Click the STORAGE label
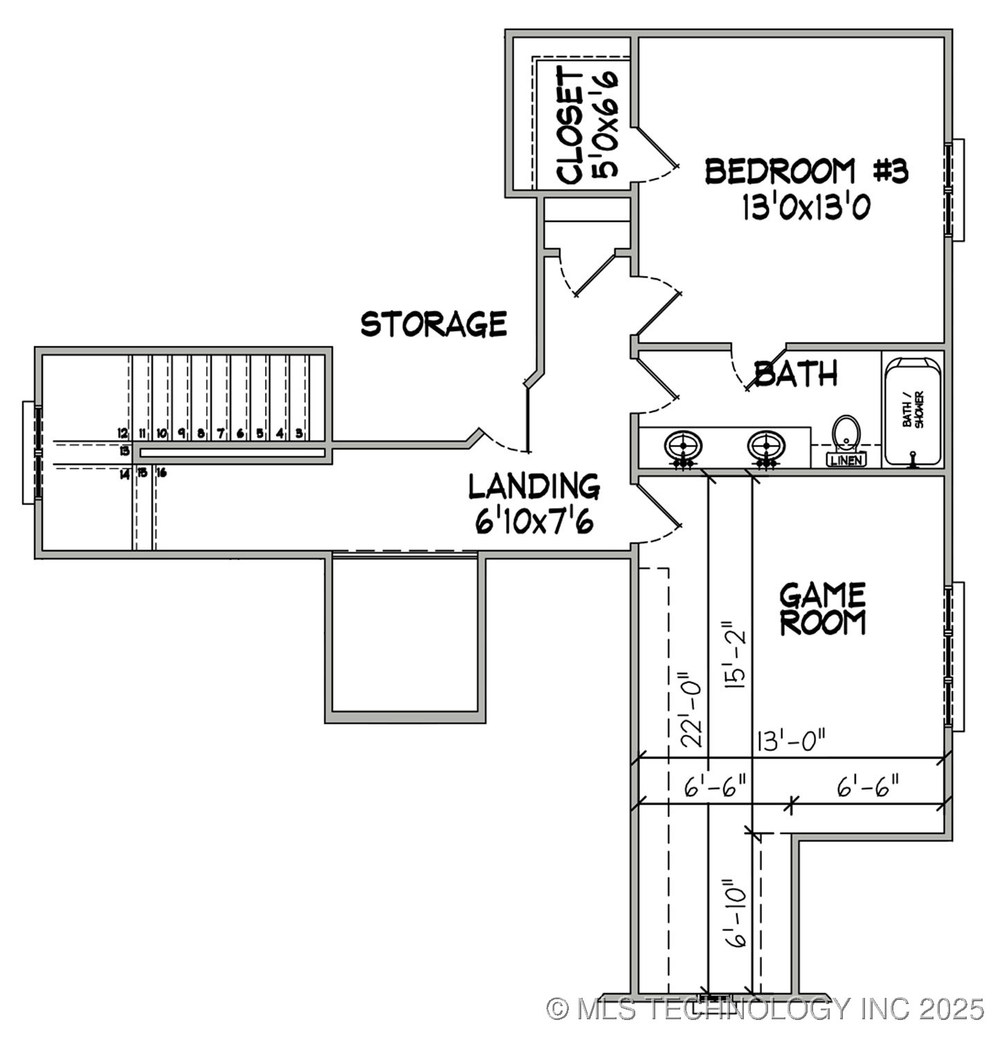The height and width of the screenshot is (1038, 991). pyautogui.click(x=434, y=324)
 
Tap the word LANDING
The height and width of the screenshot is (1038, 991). pyautogui.click(x=534, y=486)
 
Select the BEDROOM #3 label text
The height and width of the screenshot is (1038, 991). pyautogui.click(x=806, y=171)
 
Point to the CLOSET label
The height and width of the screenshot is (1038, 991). pyautogui.click(x=570, y=125)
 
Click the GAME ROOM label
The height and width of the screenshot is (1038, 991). pyautogui.click(x=822, y=609)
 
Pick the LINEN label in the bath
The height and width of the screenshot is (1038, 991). pyautogui.click(x=846, y=460)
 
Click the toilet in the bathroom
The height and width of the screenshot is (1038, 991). pyautogui.click(x=845, y=436)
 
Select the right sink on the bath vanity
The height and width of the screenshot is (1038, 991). pyautogui.click(x=766, y=445)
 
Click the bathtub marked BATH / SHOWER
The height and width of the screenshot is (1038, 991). pyautogui.click(x=913, y=410)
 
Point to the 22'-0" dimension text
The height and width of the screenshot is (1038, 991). pyautogui.click(x=692, y=709)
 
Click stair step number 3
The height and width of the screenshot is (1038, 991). pyautogui.click(x=299, y=434)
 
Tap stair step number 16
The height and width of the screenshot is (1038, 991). pyautogui.click(x=161, y=473)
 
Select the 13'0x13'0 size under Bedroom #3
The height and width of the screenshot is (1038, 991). pyautogui.click(x=806, y=206)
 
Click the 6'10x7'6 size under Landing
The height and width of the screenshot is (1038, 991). pyautogui.click(x=534, y=521)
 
